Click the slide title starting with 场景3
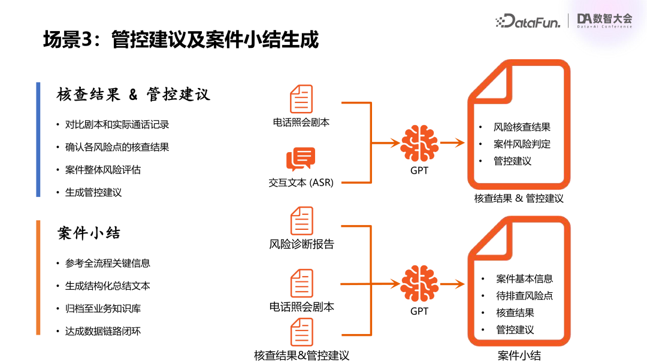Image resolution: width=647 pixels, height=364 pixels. (180, 40)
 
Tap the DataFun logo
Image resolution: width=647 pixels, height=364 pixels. (528, 22)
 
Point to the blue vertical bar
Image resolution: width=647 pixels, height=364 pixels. (38, 139)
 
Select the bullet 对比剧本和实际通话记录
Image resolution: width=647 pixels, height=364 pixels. (117, 125)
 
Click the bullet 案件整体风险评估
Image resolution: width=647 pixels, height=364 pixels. (103, 170)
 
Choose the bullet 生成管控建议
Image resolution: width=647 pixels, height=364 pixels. (93, 193)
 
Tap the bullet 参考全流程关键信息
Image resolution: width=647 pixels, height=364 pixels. (108, 263)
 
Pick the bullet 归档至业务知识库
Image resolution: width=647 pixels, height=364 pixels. (103, 309)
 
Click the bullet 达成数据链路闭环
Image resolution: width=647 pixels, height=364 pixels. (103, 331)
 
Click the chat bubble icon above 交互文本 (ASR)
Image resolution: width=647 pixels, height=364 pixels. (301, 159)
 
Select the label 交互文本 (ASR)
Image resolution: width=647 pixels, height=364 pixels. (301, 183)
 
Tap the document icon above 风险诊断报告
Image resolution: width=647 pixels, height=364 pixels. (302, 221)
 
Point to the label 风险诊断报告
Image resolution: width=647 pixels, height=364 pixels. (301, 244)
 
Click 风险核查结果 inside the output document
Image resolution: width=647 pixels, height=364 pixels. (522, 127)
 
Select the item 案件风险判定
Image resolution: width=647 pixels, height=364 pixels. (522, 144)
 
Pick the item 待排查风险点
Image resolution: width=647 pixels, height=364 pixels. (524, 296)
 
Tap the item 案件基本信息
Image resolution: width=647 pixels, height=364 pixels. (524, 278)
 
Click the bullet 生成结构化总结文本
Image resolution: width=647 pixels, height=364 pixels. (108, 286)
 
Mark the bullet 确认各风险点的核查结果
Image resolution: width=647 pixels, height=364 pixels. (117, 147)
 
